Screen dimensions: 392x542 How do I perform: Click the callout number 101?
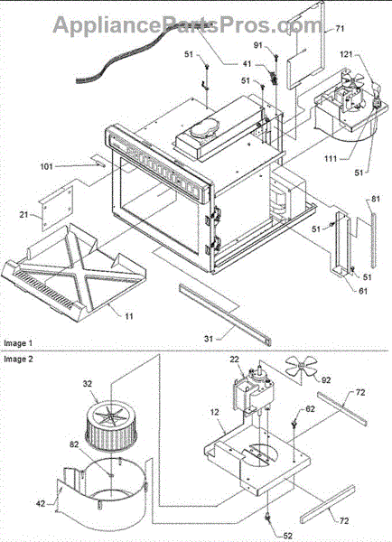[46, 166]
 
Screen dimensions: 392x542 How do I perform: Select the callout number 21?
[23, 215]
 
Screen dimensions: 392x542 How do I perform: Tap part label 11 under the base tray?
[128, 315]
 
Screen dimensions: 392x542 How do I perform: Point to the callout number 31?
[209, 339]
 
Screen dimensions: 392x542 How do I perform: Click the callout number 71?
[341, 28]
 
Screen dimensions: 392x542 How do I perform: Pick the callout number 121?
[346, 54]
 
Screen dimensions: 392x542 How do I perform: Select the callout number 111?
[330, 158]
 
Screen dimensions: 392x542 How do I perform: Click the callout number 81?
[376, 199]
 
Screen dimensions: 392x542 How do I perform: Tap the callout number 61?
[362, 291]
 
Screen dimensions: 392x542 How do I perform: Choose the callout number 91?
[258, 46]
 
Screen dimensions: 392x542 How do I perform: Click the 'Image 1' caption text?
[18, 343]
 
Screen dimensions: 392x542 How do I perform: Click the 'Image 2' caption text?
[18, 359]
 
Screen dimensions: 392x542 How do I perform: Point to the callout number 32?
[87, 383]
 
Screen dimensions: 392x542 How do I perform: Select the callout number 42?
[41, 504]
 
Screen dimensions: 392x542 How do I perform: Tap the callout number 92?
[326, 380]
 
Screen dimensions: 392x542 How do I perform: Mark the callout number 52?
[287, 536]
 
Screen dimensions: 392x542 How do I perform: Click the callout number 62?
[310, 409]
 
